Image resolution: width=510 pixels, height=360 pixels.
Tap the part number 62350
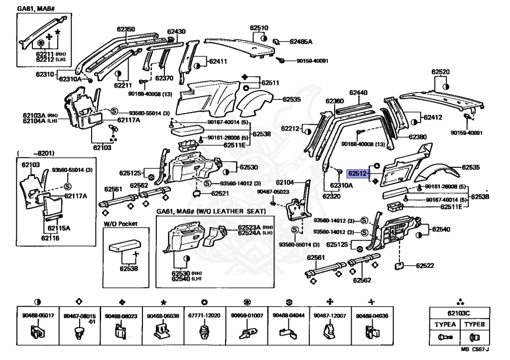tap(125, 29)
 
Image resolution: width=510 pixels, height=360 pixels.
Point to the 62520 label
tap(440, 72)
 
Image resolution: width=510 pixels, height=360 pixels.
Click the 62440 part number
tap(358, 93)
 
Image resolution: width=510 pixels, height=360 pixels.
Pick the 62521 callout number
tap(220, 193)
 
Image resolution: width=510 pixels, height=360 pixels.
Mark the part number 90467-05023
tap(273, 192)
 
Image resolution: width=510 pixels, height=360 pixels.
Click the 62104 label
tap(284, 182)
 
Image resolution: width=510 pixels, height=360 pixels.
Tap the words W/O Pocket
tap(121, 224)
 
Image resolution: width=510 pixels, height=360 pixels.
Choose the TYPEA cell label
tap(445, 324)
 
